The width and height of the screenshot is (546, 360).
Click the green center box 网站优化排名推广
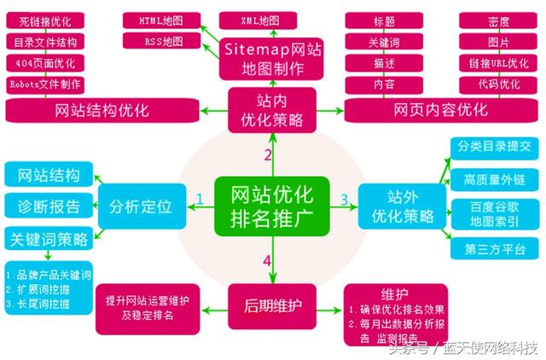coord(267,206)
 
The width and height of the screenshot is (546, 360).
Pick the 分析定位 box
coord(141,206)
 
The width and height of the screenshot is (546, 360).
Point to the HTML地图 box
coord(160,20)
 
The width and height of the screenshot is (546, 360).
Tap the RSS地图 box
coord(160,41)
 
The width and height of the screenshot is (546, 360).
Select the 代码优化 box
coord(497,84)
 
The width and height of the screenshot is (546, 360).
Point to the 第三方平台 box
coord(495,248)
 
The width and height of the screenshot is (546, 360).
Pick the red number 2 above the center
coord(267,154)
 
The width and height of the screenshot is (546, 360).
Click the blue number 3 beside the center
coord(345,200)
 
